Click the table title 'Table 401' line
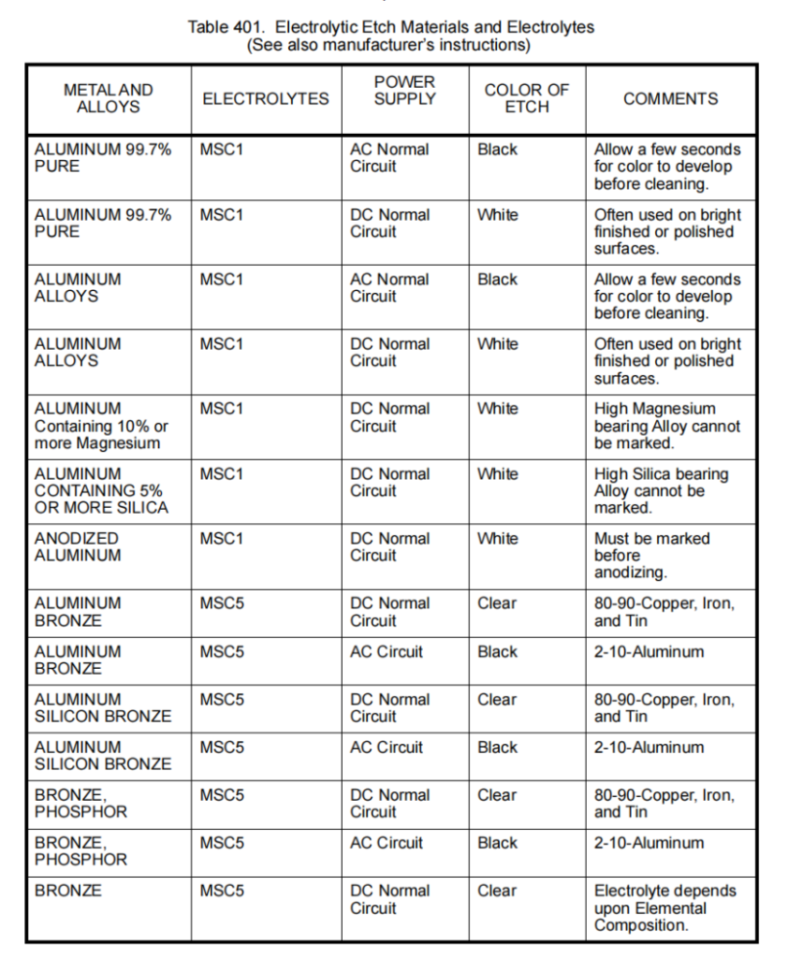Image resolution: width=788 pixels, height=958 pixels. point(390,27)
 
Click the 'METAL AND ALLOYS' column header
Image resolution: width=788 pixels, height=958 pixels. point(109,98)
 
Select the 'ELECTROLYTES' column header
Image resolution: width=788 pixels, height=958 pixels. point(266,98)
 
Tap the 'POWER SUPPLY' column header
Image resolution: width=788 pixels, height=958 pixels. point(405,91)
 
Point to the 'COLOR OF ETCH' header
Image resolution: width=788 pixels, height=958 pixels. point(527,98)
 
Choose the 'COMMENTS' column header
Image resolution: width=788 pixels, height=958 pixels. point(671,98)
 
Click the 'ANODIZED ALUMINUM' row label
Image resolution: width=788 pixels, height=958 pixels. point(78,546)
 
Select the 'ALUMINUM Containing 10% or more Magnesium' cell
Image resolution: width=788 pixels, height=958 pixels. point(101,426)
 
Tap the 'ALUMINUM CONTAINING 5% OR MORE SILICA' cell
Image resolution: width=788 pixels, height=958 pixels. point(101,490)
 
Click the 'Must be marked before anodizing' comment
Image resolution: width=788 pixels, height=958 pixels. point(651,555)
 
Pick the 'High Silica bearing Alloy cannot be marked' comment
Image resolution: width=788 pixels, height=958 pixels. point(661,490)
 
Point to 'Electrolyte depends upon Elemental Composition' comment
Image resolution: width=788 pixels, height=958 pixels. point(664,907)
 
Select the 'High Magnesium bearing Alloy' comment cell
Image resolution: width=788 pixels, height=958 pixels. point(666,426)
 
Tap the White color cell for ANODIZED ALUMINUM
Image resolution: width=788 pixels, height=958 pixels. point(497,538)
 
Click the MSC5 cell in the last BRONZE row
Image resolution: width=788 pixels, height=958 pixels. point(222,891)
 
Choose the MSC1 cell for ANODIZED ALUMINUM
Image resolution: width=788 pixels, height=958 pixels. point(221,538)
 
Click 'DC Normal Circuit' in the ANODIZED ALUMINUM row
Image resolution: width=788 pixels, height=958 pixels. point(389,546)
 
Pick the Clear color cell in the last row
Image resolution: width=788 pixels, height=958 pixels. point(496,891)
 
